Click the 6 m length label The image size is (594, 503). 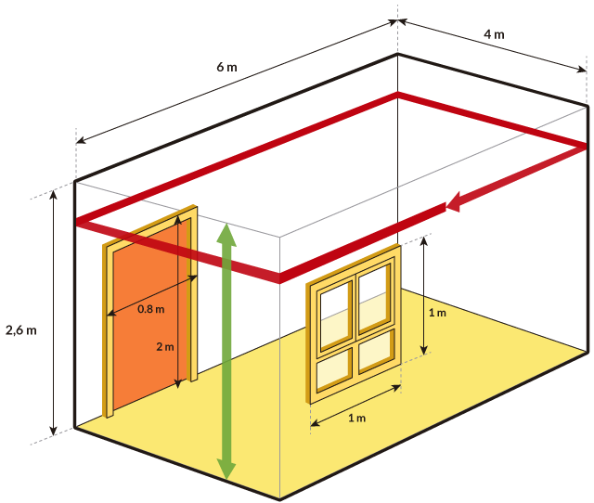click(x=226, y=68)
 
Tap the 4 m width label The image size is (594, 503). click(x=494, y=34)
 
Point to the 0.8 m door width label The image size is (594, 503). click(x=150, y=309)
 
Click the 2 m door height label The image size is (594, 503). click(x=164, y=347)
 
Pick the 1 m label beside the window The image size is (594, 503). click(x=437, y=313)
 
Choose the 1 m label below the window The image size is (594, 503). click(x=355, y=419)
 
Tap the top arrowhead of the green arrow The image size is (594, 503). click(x=226, y=232)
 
